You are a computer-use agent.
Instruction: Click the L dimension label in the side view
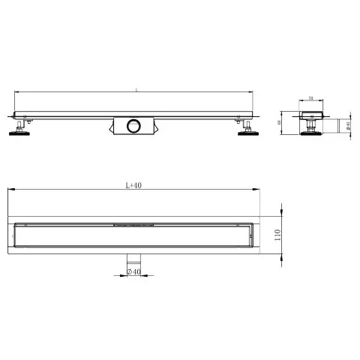pyautogui.click(x=136, y=89)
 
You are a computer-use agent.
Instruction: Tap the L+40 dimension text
pyautogui.click(x=133, y=185)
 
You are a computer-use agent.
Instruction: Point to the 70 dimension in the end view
pyautogui.click(x=310, y=99)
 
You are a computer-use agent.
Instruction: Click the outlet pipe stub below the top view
pyautogui.click(x=133, y=259)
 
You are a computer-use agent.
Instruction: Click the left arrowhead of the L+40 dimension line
pyautogui.click(x=9, y=191)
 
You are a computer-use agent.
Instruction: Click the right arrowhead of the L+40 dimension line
pyautogui.click(x=259, y=191)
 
